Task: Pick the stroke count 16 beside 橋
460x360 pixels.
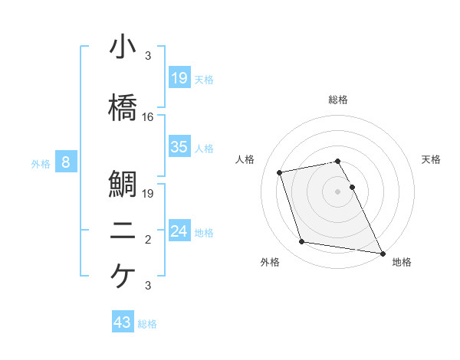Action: [148, 117]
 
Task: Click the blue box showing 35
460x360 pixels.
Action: [179, 147]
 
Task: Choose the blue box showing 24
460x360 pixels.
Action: [179, 231]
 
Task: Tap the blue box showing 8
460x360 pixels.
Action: [66, 162]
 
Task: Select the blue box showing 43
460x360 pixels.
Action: [122, 322]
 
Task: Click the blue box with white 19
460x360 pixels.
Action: [179, 78]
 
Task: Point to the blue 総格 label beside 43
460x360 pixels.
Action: [147, 324]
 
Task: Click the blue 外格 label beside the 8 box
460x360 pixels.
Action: [41, 163]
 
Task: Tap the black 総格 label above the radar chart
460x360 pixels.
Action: [338, 100]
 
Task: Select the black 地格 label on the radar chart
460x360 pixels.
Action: [402, 262]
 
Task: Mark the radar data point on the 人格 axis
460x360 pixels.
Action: [280, 172]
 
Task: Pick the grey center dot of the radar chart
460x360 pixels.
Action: [338, 191]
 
